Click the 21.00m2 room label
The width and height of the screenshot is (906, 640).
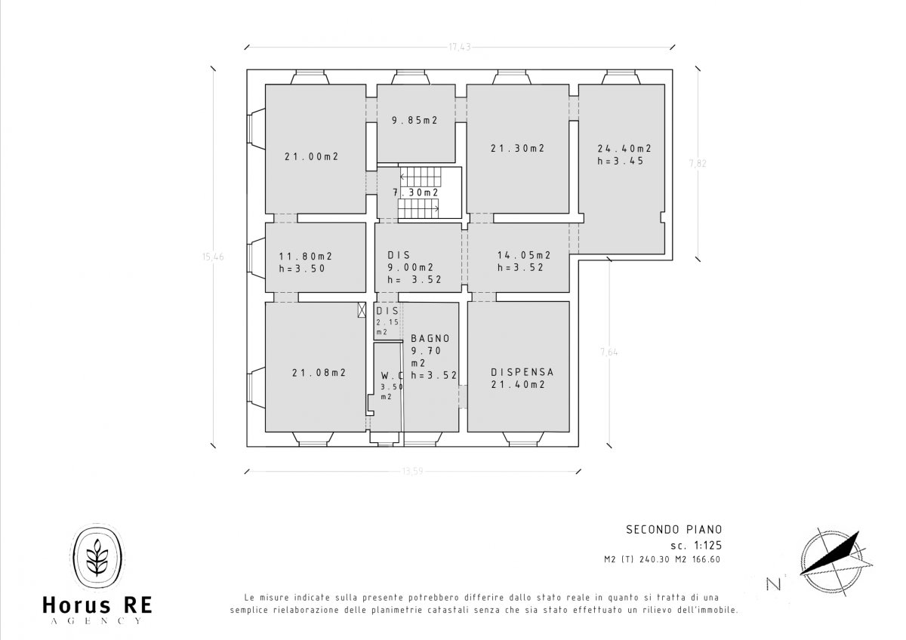[310, 157]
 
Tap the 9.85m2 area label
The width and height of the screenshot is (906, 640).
[414, 120]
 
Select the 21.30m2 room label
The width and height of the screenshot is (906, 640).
[517, 149]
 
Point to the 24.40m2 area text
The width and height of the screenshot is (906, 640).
[624, 149]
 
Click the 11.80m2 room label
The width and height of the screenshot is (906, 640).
[305, 256]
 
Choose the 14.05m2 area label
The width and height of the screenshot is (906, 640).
[523, 255]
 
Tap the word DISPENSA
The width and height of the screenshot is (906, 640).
[522, 372]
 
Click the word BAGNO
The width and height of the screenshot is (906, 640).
[430, 339]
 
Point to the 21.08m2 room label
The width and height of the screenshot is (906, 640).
[319, 372]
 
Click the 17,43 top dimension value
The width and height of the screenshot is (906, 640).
[459, 48]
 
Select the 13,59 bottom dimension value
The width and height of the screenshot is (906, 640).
[412, 472]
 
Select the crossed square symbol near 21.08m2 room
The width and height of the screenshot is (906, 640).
[362, 309]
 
